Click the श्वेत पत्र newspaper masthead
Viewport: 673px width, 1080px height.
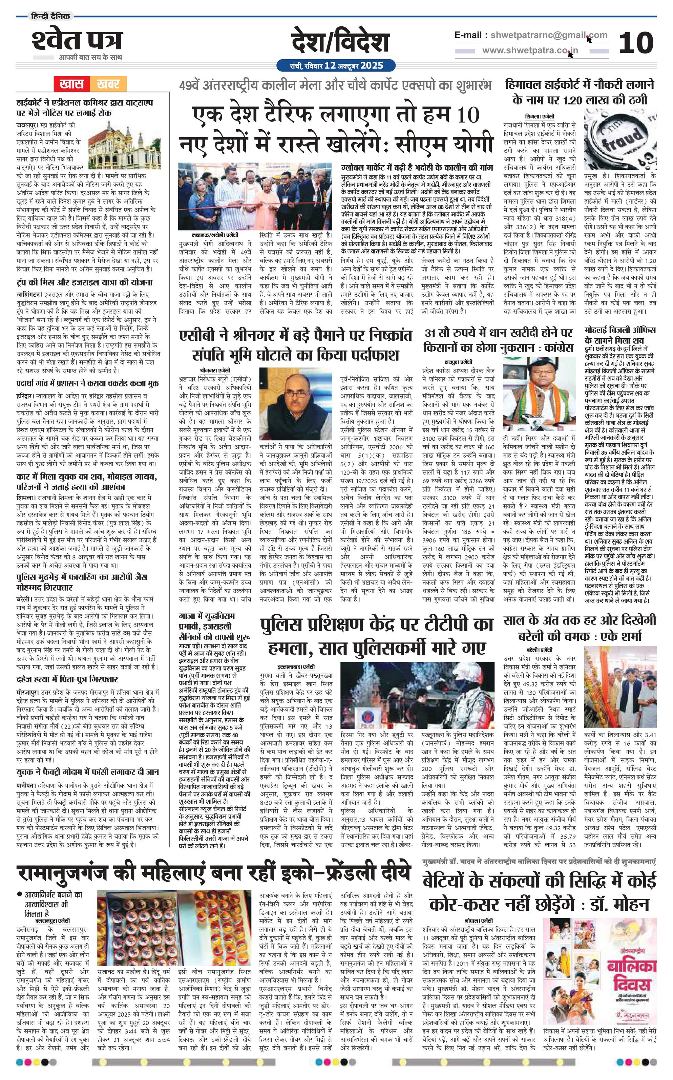point(77,41)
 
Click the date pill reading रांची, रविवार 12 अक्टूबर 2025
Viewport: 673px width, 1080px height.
point(336,66)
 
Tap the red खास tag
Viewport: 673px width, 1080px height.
point(72,83)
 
